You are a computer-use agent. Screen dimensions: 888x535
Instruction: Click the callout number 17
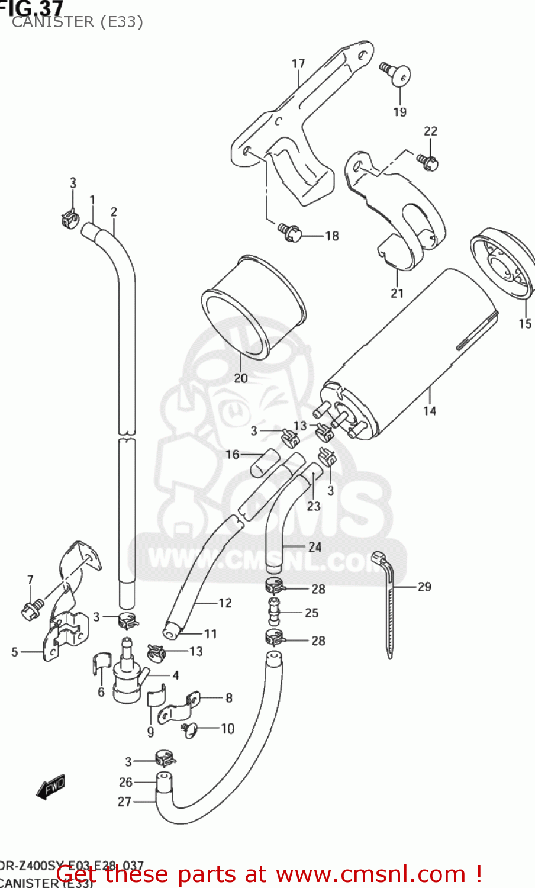[298, 63]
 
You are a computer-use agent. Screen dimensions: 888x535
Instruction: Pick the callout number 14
[429, 410]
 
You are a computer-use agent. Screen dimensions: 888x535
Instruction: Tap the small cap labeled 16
[264, 462]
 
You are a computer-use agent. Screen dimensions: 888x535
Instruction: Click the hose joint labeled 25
[273, 612]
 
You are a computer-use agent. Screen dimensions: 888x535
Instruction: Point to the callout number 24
[314, 547]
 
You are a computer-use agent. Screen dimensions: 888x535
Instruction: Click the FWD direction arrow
[51, 787]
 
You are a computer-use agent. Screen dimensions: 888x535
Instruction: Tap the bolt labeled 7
[31, 609]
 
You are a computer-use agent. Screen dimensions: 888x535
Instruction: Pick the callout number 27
[124, 802]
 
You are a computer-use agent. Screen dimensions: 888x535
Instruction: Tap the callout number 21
[397, 292]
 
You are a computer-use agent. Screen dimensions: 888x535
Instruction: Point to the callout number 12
[225, 603]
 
